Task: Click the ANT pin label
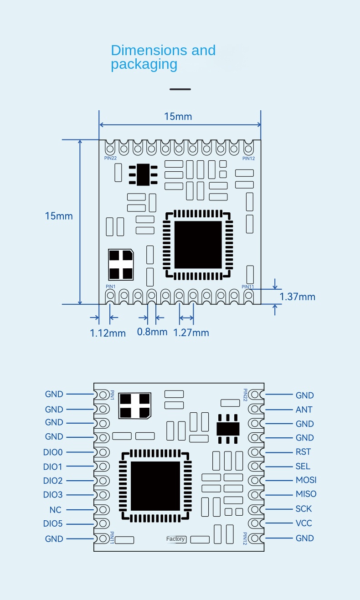[x=304, y=410]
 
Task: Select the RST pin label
[x=303, y=452]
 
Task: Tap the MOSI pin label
[x=306, y=480]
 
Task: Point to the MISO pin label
[x=306, y=494]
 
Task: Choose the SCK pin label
[x=303, y=509]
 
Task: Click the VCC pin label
[x=303, y=523]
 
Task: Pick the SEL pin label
[x=303, y=467]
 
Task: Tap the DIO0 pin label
[x=53, y=452]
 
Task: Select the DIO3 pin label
[x=53, y=495]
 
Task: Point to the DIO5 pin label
[x=53, y=524]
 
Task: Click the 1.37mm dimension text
[x=297, y=297]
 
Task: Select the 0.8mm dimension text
[x=152, y=332]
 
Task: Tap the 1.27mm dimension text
[x=191, y=333]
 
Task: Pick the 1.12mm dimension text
[x=108, y=333]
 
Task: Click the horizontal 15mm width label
[x=178, y=117]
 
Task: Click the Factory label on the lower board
[x=175, y=539]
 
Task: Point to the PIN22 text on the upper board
[x=111, y=158]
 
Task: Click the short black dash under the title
[x=180, y=89]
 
